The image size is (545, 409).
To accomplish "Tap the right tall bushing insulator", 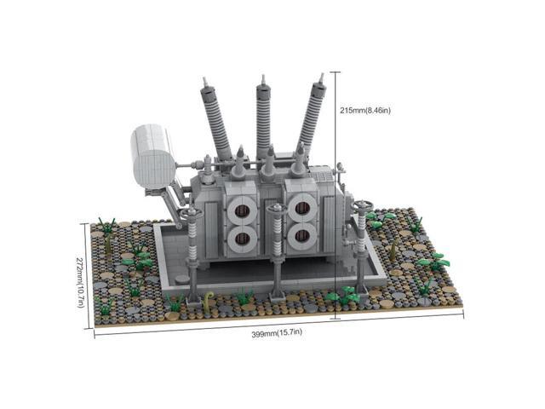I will coord(310,124).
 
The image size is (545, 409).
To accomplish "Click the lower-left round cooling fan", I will coord(242,239).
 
